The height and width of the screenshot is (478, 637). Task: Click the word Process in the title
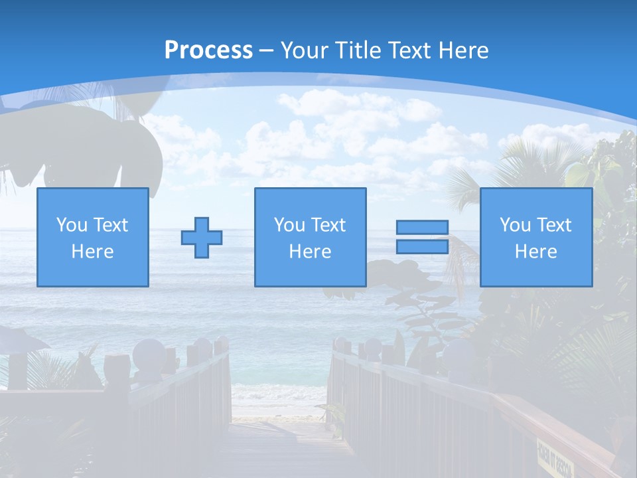[x=208, y=50]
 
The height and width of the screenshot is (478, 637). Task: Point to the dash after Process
[x=266, y=50]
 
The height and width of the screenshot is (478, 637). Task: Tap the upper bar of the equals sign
[x=422, y=228]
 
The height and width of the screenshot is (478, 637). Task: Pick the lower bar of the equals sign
[x=422, y=246]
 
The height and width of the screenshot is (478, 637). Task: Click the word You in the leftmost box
[x=72, y=225]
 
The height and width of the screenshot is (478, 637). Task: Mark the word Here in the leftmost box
[x=92, y=252]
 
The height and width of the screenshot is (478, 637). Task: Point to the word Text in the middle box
[x=328, y=225]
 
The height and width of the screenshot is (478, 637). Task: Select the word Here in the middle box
[x=310, y=252]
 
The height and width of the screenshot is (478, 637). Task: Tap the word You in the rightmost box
[x=515, y=225]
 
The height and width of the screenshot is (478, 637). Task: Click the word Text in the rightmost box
[x=554, y=225]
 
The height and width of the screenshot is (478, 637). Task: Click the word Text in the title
[x=405, y=50]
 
